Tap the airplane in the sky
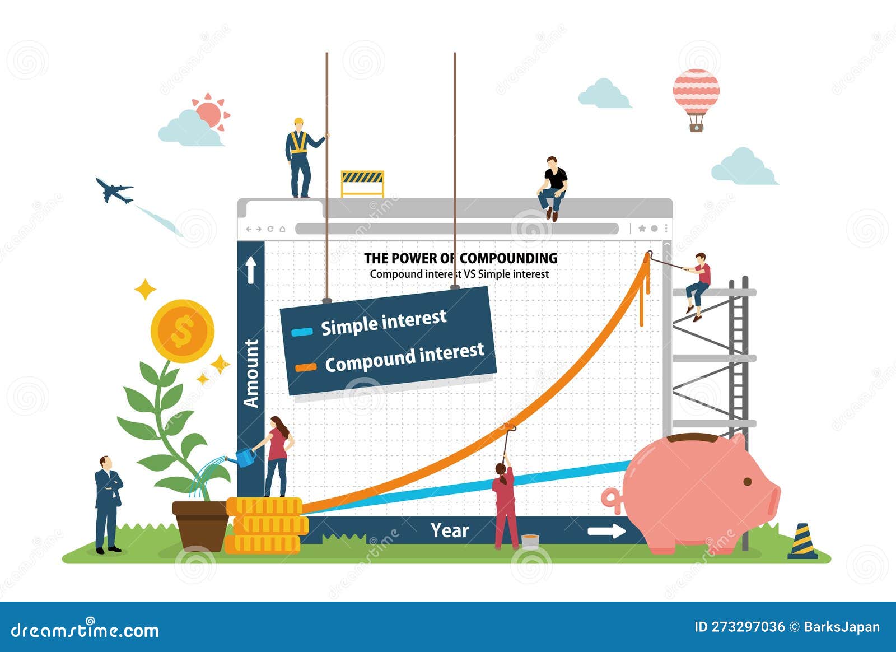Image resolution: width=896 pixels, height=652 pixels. pyautogui.click(x=114, y=190)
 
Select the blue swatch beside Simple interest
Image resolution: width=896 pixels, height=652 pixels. pyautogui.click(x=302, y=332)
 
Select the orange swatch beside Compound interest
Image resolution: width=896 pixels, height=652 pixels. pyautogui.click(x=306, y=368)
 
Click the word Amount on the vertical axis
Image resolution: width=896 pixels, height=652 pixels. pyautogui.click(x=251, y=373)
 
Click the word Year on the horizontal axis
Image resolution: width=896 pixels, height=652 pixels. pyautogui.click(x=449, y=530)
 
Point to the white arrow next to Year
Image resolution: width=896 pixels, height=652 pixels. pyautogui.click(x=606, y=531)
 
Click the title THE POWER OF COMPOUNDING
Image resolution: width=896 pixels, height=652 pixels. pyautogui.click(x=460, y=258)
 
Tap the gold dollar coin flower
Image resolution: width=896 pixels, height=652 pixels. pyautogui.click(x=183, y=331)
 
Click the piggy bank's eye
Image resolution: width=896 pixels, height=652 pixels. pyautogui.click(x=748, y=482)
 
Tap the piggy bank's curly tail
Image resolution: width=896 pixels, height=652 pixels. pyautogui.click(x=611, y=500)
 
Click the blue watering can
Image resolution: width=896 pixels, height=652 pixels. pyautogui.click(x=244, y=458)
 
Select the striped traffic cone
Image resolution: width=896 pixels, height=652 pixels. pyautogui.click(x=802, y=542)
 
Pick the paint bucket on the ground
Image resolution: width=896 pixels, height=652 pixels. pyautogui.click(x=530, y=541)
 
